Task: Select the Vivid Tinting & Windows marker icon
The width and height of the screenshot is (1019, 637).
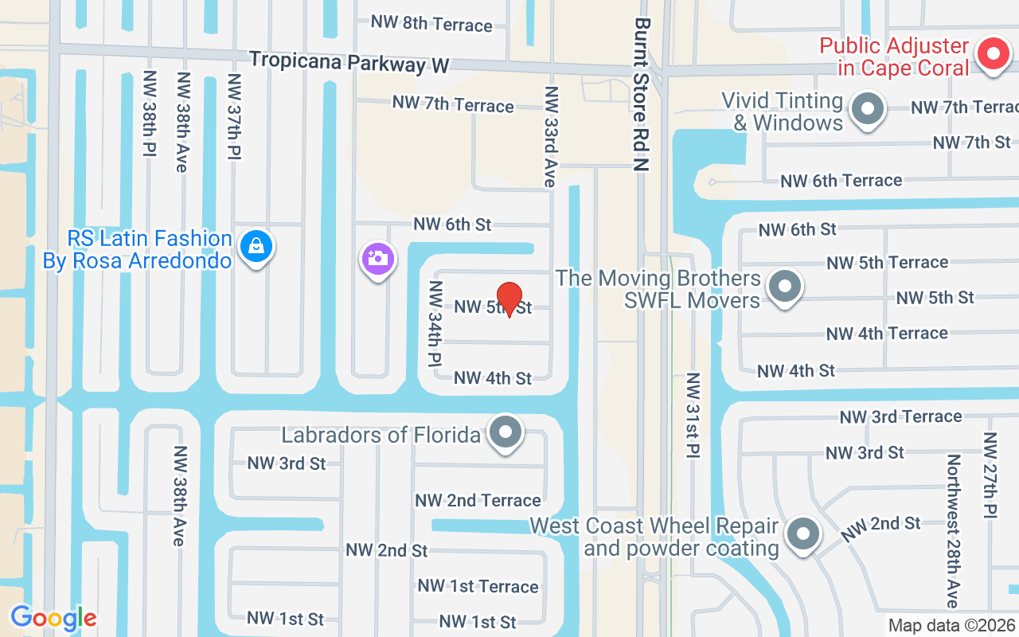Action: pos(868,109)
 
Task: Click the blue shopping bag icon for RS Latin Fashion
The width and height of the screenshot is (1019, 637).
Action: pos(256,246)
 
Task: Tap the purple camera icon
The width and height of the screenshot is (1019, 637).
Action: pos(378,258)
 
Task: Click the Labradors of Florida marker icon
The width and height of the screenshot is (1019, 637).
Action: pos(505,433)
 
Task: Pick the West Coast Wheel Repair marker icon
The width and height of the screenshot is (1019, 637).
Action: pos(803,533)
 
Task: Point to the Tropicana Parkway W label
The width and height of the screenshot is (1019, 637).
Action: pos(349,62)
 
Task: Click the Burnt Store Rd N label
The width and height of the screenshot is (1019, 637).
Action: pos(642,95)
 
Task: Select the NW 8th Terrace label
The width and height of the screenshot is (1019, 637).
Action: pos(431,23)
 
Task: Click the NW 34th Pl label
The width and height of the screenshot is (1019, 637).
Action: pos(435,322)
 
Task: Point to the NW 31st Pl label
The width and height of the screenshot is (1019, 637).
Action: pos(693,415)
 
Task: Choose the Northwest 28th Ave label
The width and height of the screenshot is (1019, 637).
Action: pos(953,530)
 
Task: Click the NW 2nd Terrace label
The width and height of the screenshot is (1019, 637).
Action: pos(478,500)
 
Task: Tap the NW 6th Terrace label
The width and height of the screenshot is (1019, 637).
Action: pos(841,181)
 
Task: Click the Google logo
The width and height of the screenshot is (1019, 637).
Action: pos(53,618)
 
